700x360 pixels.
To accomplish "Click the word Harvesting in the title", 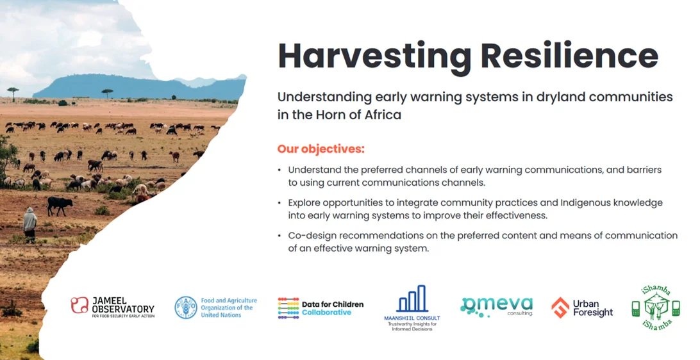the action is coord(374,57).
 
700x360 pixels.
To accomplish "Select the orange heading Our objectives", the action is coord(321,149).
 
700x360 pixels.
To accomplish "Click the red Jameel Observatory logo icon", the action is coord(79,306).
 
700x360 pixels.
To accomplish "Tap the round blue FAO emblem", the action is coord(186,307).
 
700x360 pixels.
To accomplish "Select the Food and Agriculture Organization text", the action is coord(229,308).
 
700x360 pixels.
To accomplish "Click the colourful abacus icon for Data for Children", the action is coord(288,308).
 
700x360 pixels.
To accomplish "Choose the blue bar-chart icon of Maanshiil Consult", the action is coord(412,299).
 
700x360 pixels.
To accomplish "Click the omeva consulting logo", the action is coord(496,307).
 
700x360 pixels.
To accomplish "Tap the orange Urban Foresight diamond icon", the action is coord(560,307).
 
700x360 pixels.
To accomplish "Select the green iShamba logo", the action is coord(656,308).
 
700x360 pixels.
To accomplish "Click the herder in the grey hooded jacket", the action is coord(30,224).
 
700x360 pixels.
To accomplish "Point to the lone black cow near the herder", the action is coord(60,205).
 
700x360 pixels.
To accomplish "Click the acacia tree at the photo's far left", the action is coord(13,93).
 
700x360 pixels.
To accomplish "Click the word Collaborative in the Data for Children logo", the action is coord(326,312).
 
